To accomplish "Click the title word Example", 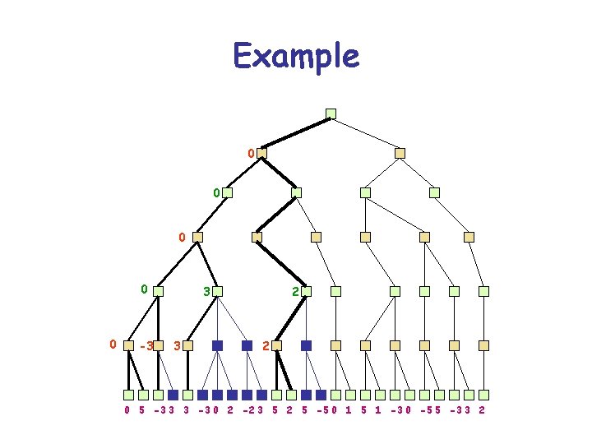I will [296, 57].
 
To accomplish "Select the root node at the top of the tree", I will [331, 113].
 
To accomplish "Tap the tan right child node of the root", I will [400, 153].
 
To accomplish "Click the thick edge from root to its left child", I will [296, 133].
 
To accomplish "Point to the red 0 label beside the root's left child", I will [250, 153].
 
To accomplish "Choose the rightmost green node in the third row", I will [434, 192].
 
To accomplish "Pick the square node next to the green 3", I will [218, 291].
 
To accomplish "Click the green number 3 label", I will [206, 291].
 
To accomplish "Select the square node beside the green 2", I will [307, 291].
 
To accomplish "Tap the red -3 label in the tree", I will [146, 346].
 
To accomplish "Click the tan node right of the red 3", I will [188, 346].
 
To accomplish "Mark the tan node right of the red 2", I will [277, 346].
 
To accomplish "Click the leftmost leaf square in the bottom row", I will [129, 395].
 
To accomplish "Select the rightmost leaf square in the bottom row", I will [484, 395].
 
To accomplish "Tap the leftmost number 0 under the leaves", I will [127, 409].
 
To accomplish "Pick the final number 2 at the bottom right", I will [481, 409].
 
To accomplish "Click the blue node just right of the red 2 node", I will [306, 346].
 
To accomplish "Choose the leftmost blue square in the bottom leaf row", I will [173, 395].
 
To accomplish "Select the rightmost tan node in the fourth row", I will [469, 237].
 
